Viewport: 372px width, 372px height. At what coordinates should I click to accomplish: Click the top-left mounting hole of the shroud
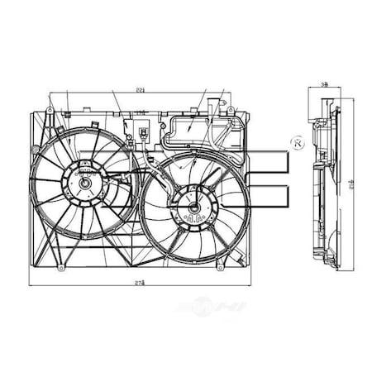pos(51,110)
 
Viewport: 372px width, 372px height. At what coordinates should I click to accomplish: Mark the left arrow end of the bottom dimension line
pos(31,285)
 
